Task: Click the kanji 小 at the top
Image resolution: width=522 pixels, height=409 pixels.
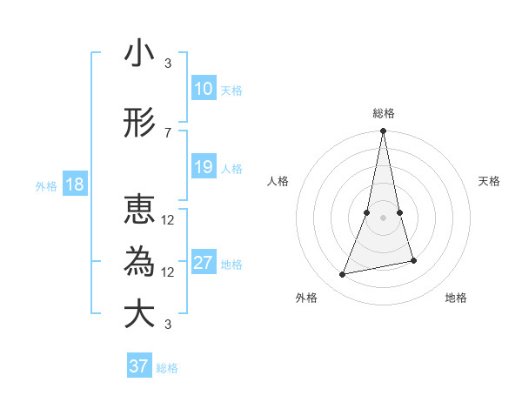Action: [139, 53]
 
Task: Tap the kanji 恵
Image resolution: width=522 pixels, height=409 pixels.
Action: [139, 209]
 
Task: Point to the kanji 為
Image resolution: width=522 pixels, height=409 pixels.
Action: [139, 261]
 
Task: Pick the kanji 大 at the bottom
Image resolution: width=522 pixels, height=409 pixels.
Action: [139, 314]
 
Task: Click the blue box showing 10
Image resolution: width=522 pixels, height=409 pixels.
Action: [203, 89]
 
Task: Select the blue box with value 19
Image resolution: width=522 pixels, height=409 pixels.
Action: [203, 167]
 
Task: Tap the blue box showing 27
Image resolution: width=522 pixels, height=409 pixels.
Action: [203, 263]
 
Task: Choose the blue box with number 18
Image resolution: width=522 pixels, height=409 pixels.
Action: [73, 184]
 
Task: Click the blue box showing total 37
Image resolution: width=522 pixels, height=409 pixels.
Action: [138, 366]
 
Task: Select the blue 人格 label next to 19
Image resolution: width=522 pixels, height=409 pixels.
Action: [231, 168]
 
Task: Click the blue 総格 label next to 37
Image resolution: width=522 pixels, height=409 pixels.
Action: [167, 368]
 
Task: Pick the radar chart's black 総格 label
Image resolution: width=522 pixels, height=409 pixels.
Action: [383, 113]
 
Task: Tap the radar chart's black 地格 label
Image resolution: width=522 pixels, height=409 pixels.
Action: [456, 298]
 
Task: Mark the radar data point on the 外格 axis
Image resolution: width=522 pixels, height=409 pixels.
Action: [343, 274]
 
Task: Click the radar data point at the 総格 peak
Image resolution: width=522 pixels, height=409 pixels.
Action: [383, 131]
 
